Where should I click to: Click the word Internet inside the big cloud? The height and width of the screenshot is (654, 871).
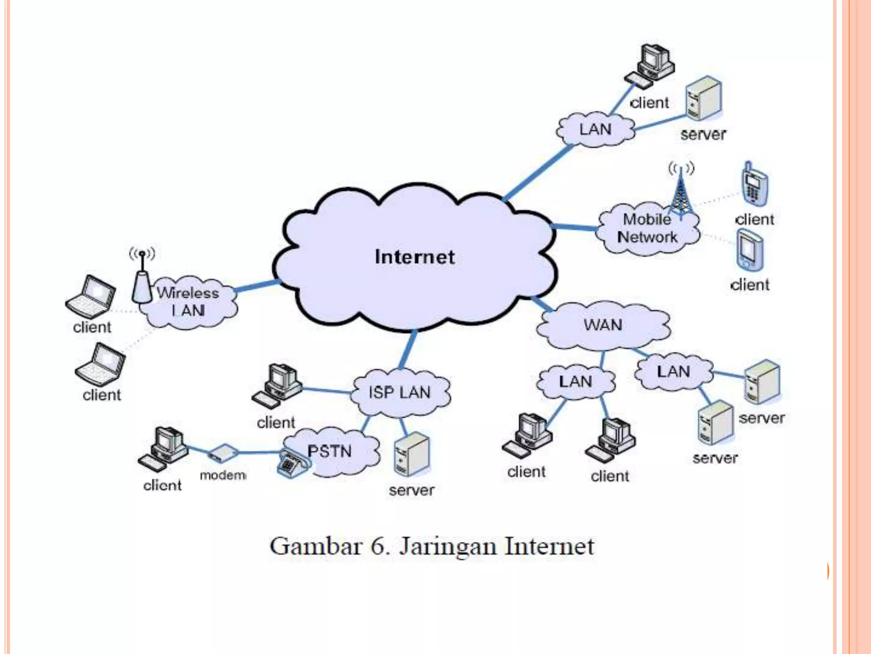(415, 257)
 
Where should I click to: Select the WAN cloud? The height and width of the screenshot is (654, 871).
(603, 325)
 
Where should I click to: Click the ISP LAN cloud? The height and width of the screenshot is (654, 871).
(399, 393)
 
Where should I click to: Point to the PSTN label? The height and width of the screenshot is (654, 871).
(330, 451)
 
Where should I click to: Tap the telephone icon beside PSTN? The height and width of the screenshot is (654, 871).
(292, 464)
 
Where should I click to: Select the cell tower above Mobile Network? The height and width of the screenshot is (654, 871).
(681, 192)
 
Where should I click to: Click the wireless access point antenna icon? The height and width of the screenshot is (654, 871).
(142, 281)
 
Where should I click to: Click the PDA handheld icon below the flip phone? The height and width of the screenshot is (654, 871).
(749, 250)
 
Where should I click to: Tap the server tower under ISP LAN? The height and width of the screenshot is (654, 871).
(411, 455)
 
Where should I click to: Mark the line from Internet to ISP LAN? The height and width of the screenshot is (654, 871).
(408, 349)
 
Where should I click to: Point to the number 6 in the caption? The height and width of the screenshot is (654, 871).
(378, 546)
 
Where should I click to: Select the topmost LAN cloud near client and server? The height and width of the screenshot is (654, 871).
(595, 129)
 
